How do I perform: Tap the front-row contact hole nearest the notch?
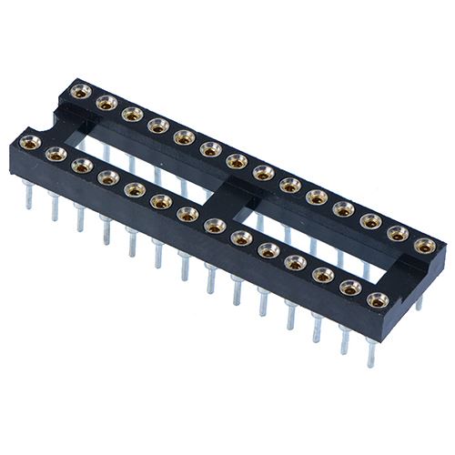[x=30, y=141]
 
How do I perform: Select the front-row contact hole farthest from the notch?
[x=375, y=299]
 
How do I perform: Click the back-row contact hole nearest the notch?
[x=80, y=91]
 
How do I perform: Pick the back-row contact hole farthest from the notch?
[x=423, y=245]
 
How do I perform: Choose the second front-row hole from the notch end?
[x=56, y=154]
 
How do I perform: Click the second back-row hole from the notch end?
[x=106, y=103]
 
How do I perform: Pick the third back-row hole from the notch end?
[x=133, y=115]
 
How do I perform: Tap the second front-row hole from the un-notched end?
[x=349, y=287]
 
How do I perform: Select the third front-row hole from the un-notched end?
[x=322, y=274]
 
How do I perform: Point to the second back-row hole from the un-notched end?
[x=397, y=233]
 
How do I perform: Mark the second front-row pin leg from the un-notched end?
[x=345, y=339]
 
